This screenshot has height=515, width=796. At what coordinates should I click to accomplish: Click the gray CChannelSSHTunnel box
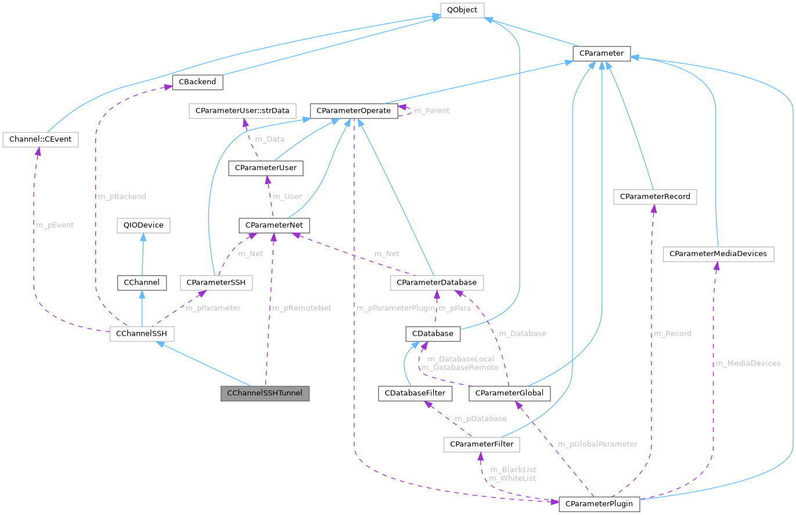[x=265, y=393]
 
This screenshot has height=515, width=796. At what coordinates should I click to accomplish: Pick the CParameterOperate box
[x=354, y=110]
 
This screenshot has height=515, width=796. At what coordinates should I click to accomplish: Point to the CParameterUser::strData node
[x=242, y=110]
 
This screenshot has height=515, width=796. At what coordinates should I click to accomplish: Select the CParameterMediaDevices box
[x=718, y=254]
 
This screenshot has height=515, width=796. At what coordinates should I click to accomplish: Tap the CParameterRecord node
[x=655, y=197]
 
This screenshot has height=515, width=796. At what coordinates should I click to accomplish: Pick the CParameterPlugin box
[x=599, y=503]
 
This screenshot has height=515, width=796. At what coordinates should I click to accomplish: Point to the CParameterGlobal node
[x=509, y=393]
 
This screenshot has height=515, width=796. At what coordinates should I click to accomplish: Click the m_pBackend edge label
[x=122, y=197]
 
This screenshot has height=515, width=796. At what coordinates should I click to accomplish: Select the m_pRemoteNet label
[x=301, y=308]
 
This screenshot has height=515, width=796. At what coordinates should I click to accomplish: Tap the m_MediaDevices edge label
[x=748, y=363]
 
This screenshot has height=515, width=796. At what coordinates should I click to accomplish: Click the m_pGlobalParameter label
[x=597, y=444]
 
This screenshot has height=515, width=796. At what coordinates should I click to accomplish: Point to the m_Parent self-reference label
[x=429, y=110]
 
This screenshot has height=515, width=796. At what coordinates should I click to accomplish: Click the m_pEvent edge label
[x=55, y=225]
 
